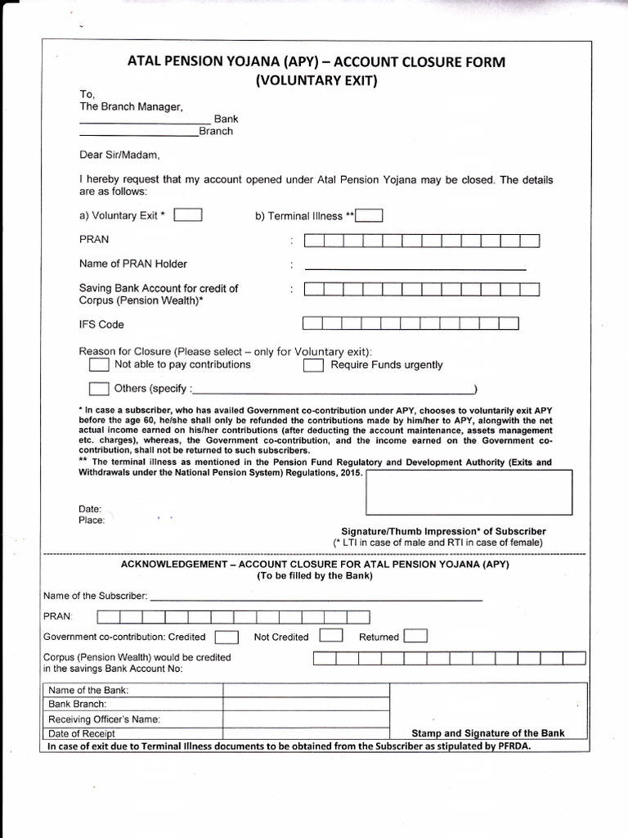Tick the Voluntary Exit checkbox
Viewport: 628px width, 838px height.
(x=189, y=215)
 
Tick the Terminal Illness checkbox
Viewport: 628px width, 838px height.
(x=369, y=216)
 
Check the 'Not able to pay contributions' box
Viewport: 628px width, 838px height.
(x=98, y=364)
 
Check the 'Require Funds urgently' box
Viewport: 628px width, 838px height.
(x=313, y=365)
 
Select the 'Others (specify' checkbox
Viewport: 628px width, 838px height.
(x=98, y=388)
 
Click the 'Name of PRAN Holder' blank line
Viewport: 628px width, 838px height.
(x=415, y=268)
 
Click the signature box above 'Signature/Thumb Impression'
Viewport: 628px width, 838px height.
(x=469, y=492)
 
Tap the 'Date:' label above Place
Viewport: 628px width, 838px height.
(x=90, y=509)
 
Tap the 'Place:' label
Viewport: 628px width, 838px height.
(x=92, y=520)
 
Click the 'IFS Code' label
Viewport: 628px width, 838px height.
(x=101, y=324)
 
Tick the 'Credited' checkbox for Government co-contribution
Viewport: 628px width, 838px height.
(x=227, y=637)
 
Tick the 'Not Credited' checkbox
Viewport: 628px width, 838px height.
(x=330, y=636)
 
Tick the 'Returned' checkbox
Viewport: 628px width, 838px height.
(x=415, y=636)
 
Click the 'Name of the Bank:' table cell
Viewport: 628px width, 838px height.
(x=88, y=690)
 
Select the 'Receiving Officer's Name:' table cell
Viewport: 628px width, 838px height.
(x=104, y=719)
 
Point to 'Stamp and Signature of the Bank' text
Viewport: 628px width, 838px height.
(x=487, y=733)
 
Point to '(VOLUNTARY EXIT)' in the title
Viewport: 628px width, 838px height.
(x=316, y=80)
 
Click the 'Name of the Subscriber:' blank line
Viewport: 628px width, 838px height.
(x=316, y=599)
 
